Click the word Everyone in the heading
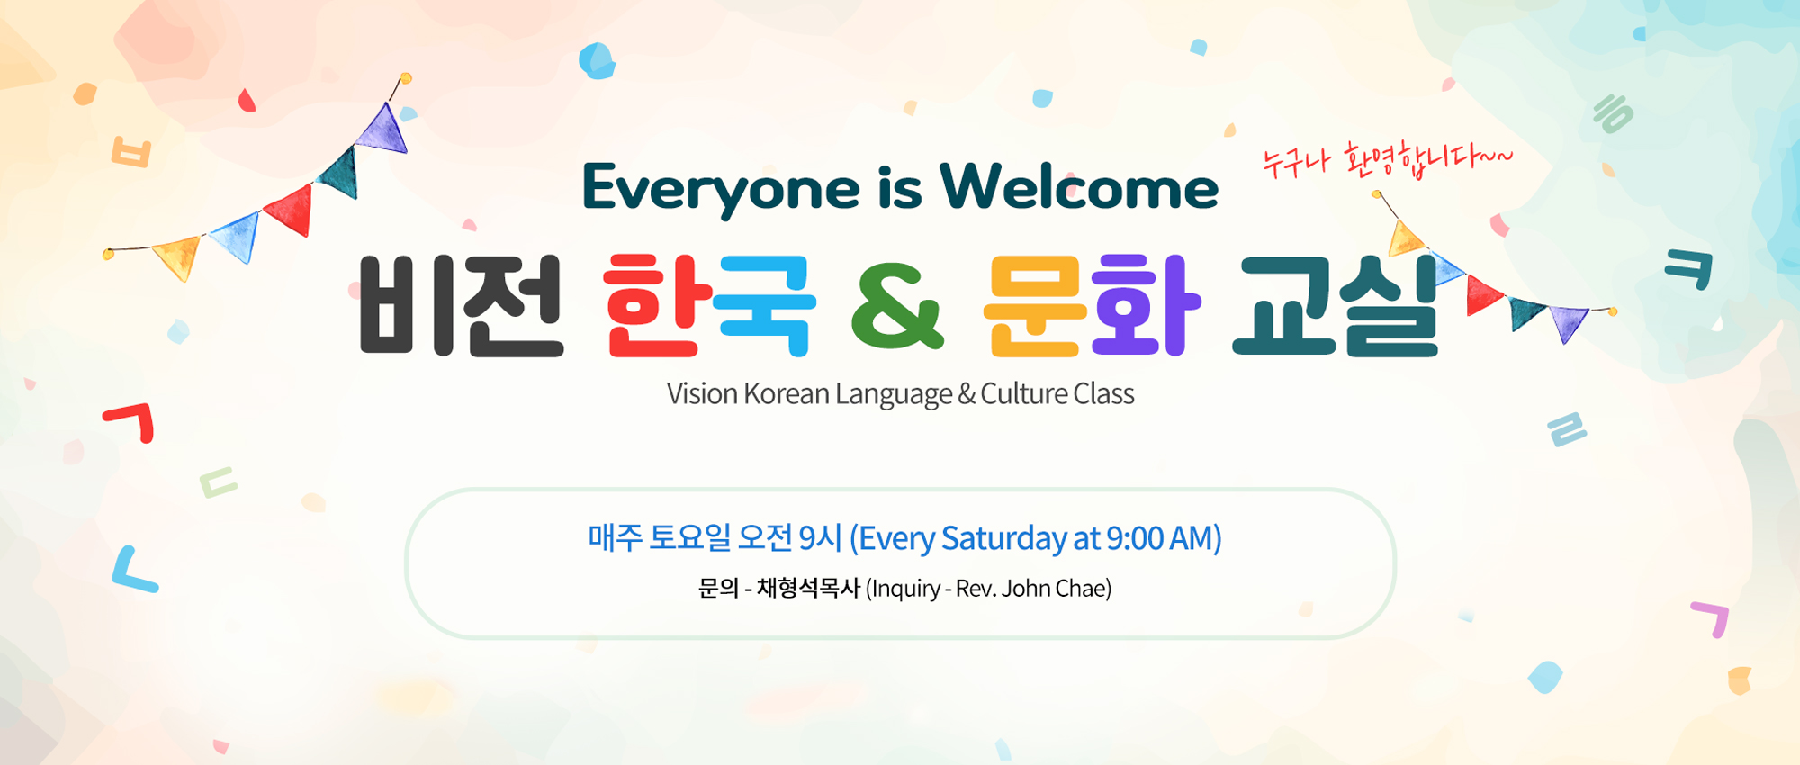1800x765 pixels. (721, 190)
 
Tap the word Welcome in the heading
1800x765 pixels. (1079, 187)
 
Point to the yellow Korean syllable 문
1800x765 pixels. (1036, 306)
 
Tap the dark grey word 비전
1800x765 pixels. (462, 306)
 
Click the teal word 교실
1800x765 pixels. (1336, 306)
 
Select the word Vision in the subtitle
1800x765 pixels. (702, 394)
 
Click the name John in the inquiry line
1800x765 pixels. (1026, 589)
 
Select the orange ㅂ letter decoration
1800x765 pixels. (131, 152)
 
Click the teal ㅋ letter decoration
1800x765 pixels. (1689, 268)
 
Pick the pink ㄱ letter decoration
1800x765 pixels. (1711, 619)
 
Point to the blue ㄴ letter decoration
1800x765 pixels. (133, 570)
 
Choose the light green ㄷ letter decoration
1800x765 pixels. (218, 482)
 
